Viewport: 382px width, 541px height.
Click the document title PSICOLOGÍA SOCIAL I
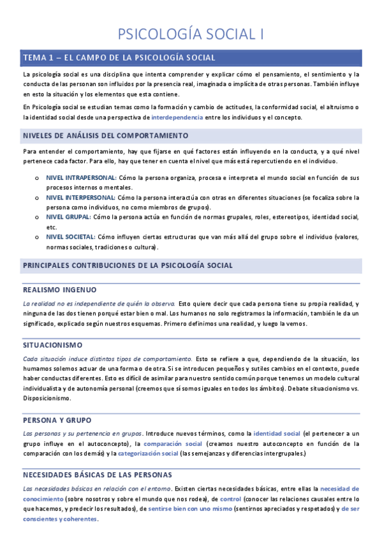coord(191,34)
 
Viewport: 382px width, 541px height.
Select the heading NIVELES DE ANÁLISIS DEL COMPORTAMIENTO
coord(105,136)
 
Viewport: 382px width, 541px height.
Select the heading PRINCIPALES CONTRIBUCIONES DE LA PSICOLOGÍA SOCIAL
coord(128,265)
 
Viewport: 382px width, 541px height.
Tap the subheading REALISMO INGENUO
coord(59,289)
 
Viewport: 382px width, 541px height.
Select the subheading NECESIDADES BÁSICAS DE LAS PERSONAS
coord(97,475)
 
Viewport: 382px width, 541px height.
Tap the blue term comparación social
coord(173,443)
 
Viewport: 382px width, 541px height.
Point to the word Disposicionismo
coord(47,397)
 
